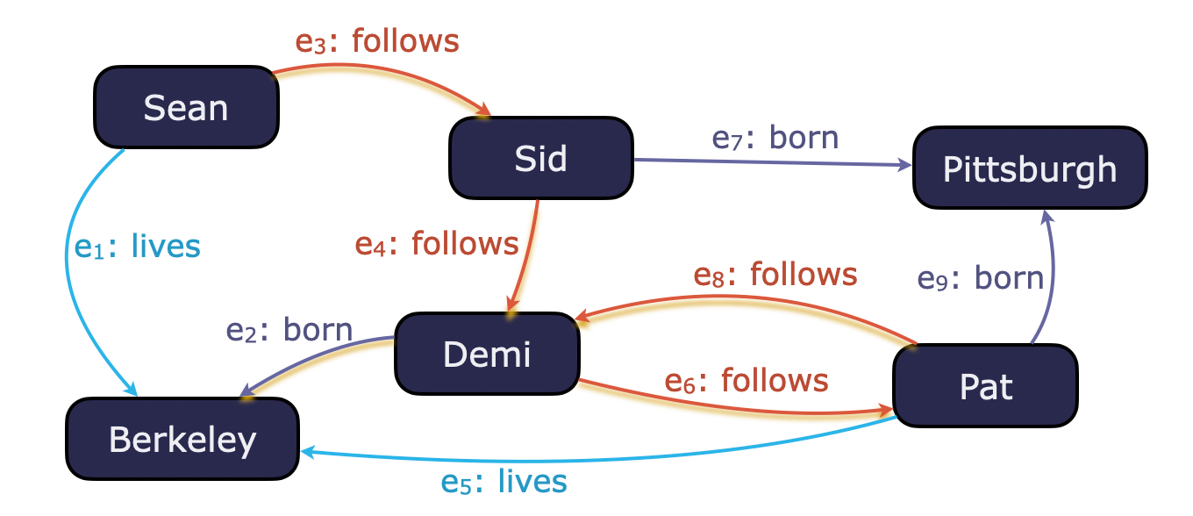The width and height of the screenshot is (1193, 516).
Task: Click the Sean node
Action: click(186, 107)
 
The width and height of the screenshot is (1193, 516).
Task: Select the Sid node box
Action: click(541, 158)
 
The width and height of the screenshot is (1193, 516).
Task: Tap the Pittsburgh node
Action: click(1030, 168)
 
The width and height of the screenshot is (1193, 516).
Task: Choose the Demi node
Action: click(487, 353)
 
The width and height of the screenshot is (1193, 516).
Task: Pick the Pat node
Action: click(985, 386)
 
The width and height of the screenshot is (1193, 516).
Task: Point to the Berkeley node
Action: click(182, 439)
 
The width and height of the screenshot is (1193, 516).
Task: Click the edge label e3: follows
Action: click(377, 41)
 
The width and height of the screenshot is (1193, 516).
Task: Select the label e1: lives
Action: click(138, 247)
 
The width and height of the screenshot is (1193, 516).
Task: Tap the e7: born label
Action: click(775, 138)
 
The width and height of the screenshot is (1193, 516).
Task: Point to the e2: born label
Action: click(289, 330)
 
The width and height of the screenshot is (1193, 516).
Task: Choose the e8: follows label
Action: click(775, 275)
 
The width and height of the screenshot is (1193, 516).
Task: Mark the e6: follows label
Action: click(747, 380)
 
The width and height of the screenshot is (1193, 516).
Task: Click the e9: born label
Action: click(981, 278)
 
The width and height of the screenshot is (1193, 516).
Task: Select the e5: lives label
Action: click(504, 481)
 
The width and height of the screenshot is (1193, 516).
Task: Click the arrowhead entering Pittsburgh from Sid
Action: click(906, 165)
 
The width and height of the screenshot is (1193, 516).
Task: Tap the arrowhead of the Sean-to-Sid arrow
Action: click(484, 112)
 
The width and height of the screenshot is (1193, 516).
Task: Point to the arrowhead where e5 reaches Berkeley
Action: click(307, 451)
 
